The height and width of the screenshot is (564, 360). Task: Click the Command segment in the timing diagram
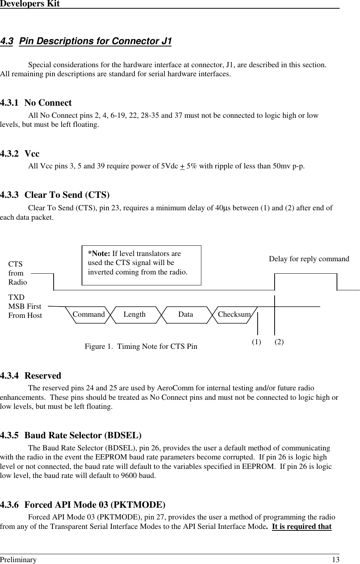point(89,314)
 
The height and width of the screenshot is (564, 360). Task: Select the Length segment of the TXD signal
point(134,314)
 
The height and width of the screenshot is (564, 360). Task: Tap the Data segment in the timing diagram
point(185,314)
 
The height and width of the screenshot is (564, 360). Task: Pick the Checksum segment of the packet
point(234,314)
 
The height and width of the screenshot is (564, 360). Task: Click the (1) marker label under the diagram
point(256,342)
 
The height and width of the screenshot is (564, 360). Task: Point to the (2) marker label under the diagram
point(279,342)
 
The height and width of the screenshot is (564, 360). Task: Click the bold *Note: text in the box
point(99,254)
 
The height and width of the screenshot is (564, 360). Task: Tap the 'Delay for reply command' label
point(309,259)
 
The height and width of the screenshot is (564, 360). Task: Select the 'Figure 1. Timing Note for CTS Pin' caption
point(141,347)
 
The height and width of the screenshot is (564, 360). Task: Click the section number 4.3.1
point(9,103)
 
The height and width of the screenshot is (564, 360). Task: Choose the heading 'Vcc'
point(32,154)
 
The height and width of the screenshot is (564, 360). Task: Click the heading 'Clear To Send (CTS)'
point(67,195)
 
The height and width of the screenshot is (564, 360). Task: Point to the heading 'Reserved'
point(43,376)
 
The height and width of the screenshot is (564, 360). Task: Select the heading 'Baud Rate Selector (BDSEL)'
point(83,436)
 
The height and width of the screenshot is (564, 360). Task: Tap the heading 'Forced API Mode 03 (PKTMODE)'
point(95,505)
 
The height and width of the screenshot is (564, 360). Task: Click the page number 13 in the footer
point(335,560)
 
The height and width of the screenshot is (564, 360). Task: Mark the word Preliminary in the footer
point(19,560)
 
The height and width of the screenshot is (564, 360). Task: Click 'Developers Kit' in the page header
point(30,4)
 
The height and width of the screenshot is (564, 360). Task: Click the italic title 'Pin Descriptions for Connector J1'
point(95,41)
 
